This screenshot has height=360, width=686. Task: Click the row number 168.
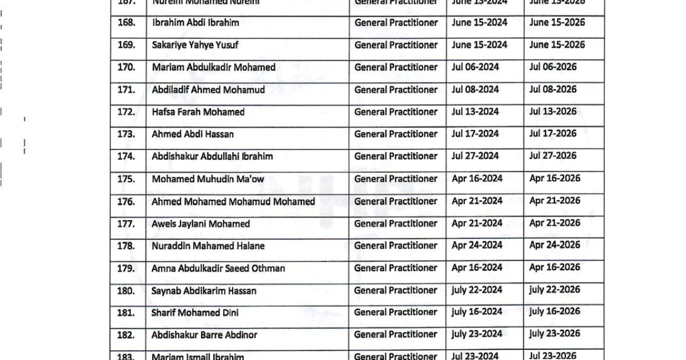(126, 23)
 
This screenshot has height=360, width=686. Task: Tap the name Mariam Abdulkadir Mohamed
(213, 67)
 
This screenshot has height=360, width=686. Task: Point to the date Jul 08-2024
(475, 90)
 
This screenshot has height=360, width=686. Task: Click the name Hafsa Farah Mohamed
(198, 112)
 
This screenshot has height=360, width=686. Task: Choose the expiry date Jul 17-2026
(553, 134)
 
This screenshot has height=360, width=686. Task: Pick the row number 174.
(126, 157)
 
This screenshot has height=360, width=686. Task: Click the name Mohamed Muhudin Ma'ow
(208, 179)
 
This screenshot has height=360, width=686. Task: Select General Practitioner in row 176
(396, 201)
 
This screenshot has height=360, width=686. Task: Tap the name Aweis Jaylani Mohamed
(201, 224)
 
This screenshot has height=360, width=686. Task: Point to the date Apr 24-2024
(477, 246)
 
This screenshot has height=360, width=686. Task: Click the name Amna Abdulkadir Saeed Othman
(218, 269)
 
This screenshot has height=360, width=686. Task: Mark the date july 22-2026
(555, 290)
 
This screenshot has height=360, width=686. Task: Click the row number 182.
(126, 335)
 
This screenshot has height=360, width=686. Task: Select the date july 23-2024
(477, 334)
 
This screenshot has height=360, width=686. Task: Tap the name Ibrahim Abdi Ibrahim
(196, 23)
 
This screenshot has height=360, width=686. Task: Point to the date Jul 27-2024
(475, 156)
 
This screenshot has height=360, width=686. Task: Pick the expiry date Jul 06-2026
(553, 67)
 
